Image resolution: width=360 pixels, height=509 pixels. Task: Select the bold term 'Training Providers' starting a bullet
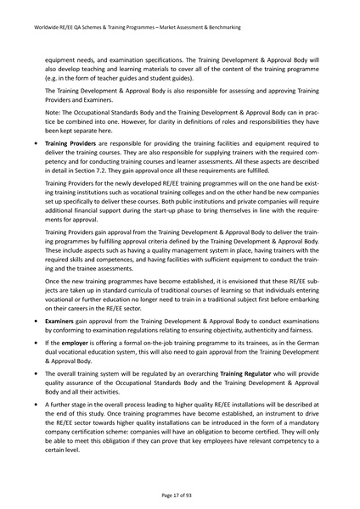click(x=73, y=146)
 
